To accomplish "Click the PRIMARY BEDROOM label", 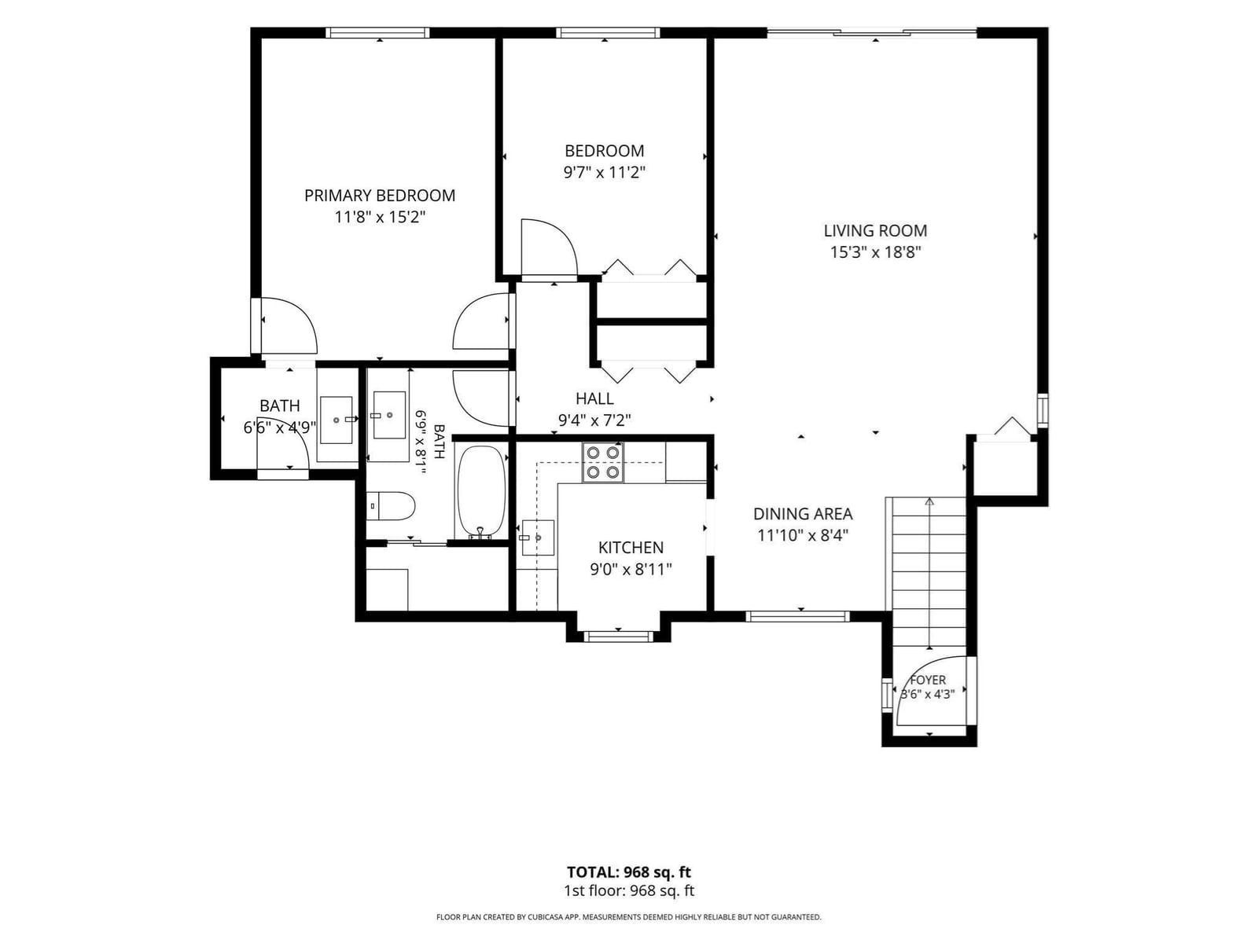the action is (380, 196).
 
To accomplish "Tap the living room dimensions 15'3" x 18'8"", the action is (875, 252).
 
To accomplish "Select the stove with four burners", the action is (603, 462).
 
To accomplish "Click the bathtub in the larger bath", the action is (481, 493).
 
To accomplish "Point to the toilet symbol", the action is (390, 506).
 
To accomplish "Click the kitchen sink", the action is (538, 538).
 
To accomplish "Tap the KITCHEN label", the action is (631, 548).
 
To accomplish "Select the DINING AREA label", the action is (803, 514).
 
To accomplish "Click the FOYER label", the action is (928, 681).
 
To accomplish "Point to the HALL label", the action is (594, 398).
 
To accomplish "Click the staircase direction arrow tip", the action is (929, 499).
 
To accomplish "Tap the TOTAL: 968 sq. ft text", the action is (629, 872).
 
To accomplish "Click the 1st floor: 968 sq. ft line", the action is (629, 891).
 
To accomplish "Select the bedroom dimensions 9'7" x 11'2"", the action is (605, 172).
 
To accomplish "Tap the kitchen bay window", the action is (618, 636).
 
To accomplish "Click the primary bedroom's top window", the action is (377, 33).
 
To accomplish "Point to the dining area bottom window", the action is (797, 617).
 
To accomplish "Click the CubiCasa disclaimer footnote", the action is (629, 917).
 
